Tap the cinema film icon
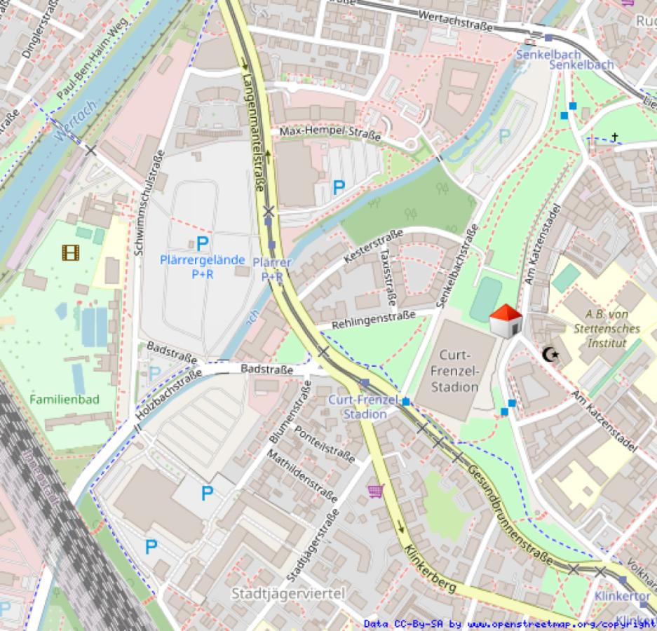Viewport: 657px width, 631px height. (70, 252)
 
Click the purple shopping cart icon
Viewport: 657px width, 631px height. (376, 490)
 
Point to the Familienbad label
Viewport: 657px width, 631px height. (65, 400)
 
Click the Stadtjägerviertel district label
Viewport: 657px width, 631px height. (289, 594)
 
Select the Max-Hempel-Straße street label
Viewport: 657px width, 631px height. (330, 132)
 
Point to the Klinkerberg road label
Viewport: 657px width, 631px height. (429, 565)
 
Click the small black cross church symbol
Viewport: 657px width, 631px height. (615, 137)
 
